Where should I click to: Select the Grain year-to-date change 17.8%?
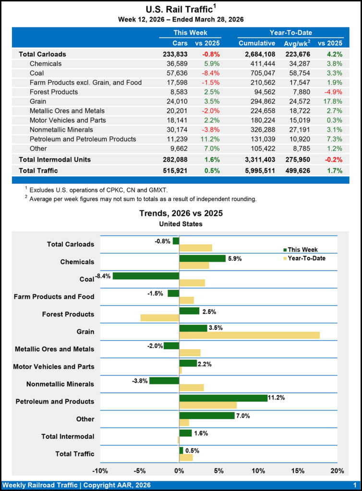[333, 101]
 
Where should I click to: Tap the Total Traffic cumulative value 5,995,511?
[257, 171]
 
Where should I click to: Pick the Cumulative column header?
[257, 44]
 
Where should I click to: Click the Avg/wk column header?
[297, 44]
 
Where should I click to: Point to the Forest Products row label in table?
[54, 92]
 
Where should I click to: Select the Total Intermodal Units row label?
[55, 159]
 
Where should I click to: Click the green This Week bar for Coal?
[145, 276]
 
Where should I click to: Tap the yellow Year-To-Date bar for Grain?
[249, 335]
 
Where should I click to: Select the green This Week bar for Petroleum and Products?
[223, 398]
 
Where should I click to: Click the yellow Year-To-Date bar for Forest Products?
[159, 317]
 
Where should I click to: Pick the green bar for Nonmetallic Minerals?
[164, 381]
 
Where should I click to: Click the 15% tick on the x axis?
[298, 470]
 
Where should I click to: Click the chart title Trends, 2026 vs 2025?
[181, 213]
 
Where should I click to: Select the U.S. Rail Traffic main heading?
[179, 10]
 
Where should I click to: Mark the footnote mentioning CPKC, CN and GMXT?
[98, 190]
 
